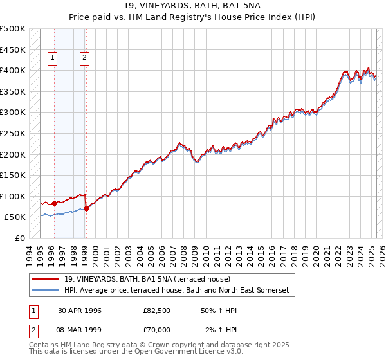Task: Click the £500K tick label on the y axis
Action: click(x=13, y=29)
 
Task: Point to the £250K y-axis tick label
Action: click(x=13, y=133)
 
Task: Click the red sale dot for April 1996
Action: click(x=54, y=203)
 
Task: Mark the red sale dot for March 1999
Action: click(x=86, y=208)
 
